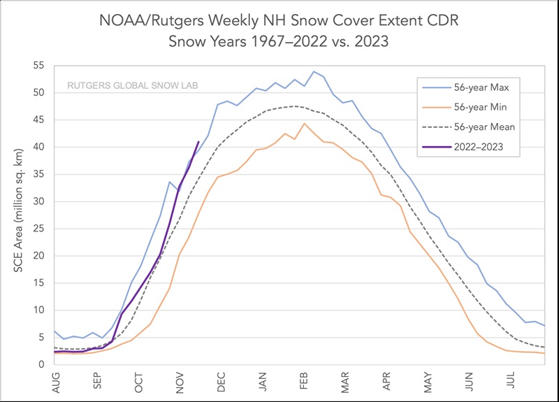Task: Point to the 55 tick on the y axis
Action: (39, 65)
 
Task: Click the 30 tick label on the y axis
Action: (39, 201)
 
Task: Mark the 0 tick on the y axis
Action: (42, 364)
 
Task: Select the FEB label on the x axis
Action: (305, 383)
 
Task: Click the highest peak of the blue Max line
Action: (314, 71)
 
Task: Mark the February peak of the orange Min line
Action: (305, 123)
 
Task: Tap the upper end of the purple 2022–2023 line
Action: (198, 142)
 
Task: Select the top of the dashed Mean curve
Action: (296, 106)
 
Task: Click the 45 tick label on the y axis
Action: (39, 120)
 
